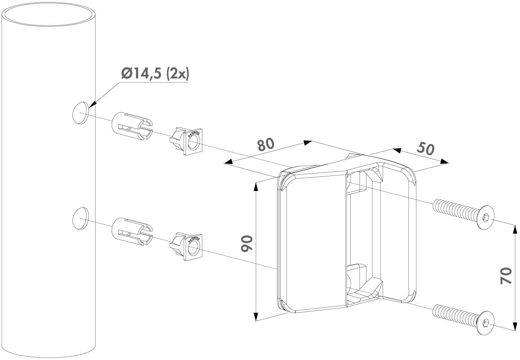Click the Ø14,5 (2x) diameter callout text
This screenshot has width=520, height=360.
[x=155, y=74]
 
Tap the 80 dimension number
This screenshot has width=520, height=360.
[x=266, y=145]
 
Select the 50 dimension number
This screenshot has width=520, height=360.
[x=425, y=149]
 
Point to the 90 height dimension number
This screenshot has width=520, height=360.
[x=247, y=244]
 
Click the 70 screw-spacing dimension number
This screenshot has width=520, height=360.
[x=506, y=276]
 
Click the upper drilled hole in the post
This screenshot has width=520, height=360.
[x=80, y=113]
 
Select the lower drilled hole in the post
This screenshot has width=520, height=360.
[x=80, y=219]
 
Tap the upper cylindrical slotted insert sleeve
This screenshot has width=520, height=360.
[x=132, y=126]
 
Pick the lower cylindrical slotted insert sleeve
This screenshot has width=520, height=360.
[x=132, y=232]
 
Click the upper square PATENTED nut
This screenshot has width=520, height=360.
[x=186, y=141]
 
